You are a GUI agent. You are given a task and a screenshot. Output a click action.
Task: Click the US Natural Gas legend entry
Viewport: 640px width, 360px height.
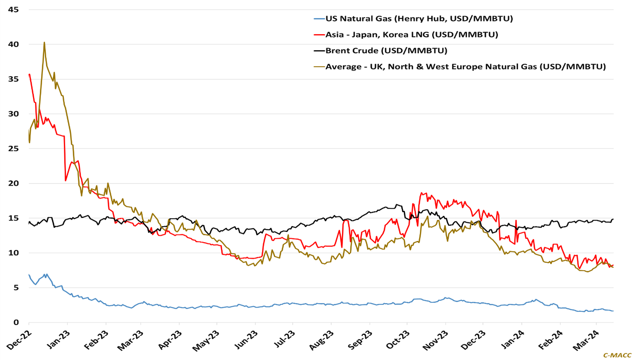point(419,19)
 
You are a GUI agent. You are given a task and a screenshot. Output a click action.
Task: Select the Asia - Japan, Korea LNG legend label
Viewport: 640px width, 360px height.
point(411,35)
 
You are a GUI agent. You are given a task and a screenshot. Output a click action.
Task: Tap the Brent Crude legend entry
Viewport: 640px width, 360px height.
point(386,51)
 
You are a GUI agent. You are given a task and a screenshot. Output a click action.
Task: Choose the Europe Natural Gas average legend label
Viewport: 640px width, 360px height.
point(465,67)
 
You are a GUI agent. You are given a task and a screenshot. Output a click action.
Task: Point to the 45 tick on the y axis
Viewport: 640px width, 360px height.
point(13,9)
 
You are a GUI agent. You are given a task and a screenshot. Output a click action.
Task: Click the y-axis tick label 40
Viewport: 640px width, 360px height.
point(13,44)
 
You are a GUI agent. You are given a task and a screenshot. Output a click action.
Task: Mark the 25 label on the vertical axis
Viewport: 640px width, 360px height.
point(13,148)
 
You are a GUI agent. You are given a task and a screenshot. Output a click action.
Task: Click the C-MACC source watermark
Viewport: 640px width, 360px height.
point(617,355)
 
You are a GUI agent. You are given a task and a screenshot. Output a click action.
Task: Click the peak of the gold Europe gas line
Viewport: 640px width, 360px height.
point(44,42)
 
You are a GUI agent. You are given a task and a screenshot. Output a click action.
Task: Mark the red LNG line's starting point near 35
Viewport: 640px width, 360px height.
point(29,75)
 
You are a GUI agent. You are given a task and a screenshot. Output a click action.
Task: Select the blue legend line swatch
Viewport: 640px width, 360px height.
point(319,19)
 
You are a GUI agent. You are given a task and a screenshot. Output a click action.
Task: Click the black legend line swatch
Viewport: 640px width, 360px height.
point(319,51)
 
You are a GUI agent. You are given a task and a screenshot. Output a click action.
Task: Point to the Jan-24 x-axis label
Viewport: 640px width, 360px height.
point(513,340)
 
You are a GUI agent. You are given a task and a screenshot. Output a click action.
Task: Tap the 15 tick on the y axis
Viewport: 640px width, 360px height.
point(13,218)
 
